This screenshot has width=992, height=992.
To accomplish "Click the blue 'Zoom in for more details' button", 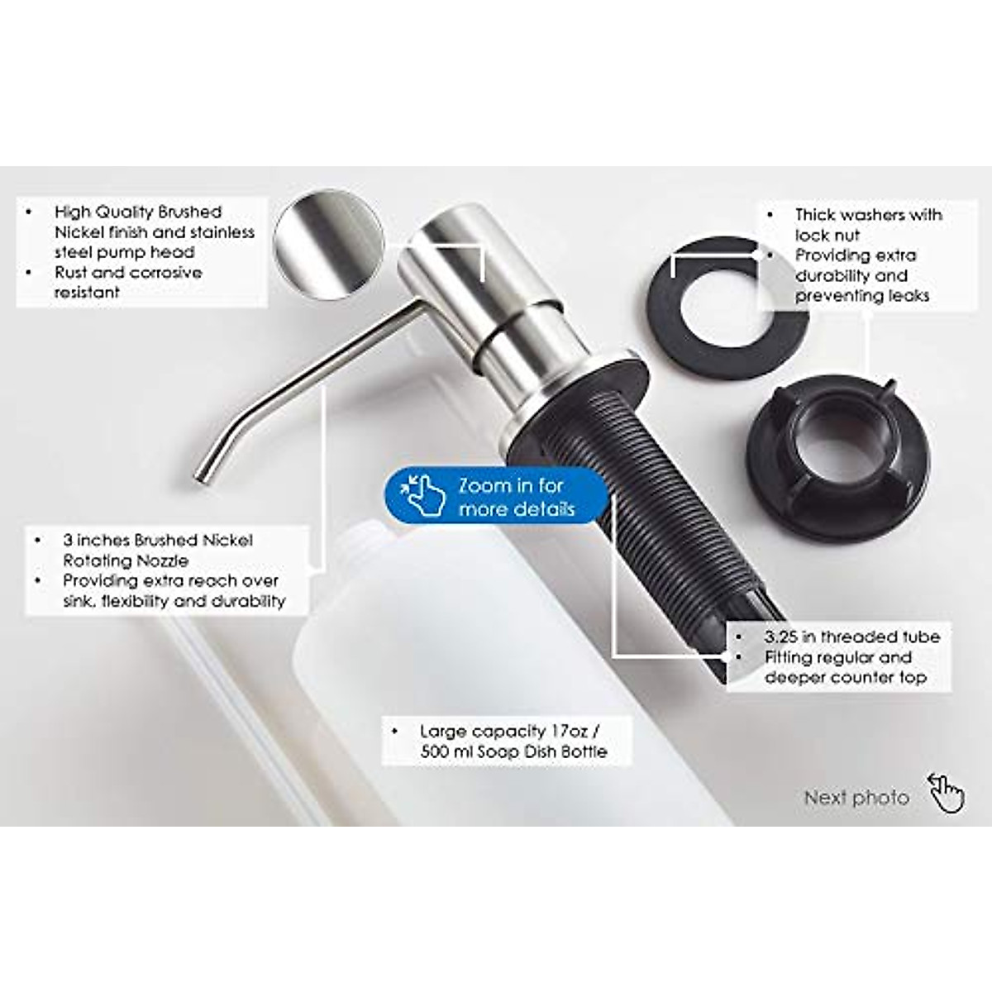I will pos(496,497).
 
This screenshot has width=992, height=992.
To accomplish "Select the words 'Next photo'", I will pos(856,798).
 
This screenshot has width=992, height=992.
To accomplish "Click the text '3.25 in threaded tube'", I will pos(851,637).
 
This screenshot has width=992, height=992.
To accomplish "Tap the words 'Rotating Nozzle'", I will pos(126,560).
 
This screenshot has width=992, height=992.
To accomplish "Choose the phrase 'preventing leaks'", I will pos(861,296).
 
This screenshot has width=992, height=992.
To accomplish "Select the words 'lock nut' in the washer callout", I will pos(827,236).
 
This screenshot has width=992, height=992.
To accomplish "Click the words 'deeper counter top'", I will pos(845,678).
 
